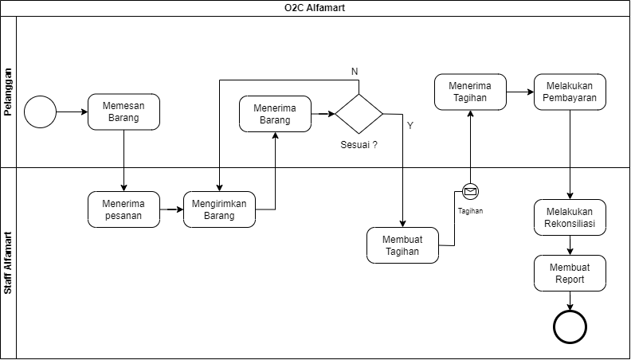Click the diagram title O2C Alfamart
(x=315, y=8)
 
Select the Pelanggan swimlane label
(x=8, y=92)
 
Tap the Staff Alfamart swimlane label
(x=8, y=264)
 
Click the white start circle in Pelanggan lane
(x=40, y=112)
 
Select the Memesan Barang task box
(x=123, y=112)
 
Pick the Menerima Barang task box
(x=275, y=114)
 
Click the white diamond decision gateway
(x=359, y=114)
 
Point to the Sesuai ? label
(x=359, y=146)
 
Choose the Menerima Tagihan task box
(x=470, y=92)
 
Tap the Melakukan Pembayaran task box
(x=570, y=92)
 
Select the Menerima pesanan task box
(x=123, y=209)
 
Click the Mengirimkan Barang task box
(x=219, y=209)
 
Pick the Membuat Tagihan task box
(x=402, y=245)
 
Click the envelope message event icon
(x=470, y=191)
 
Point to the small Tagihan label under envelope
(x=470, y=211)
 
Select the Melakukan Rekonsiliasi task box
(x=570, y=217)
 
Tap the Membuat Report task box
(x=570, y=273)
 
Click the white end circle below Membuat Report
(x=570, y=327)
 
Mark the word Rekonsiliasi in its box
(x=570, y=224)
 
